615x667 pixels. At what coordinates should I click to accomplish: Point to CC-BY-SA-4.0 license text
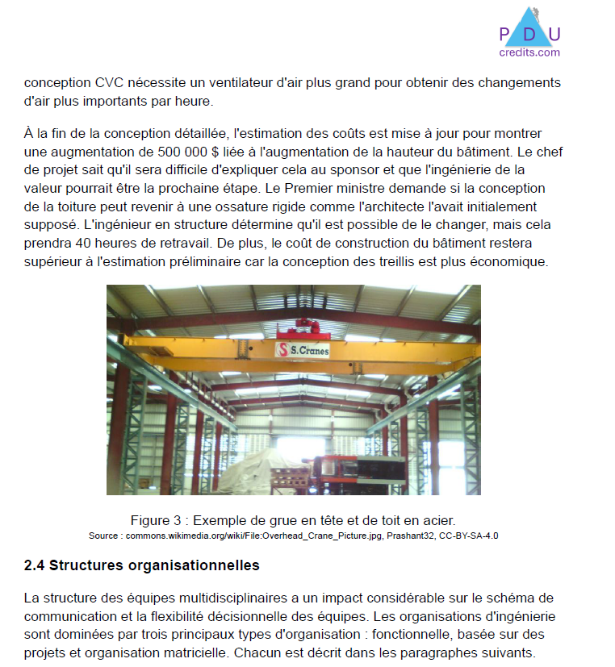(x=469, y=536)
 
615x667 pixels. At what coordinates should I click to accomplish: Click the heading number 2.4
(x=34, y=565)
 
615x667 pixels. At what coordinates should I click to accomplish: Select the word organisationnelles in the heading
(x=194, y=565)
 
